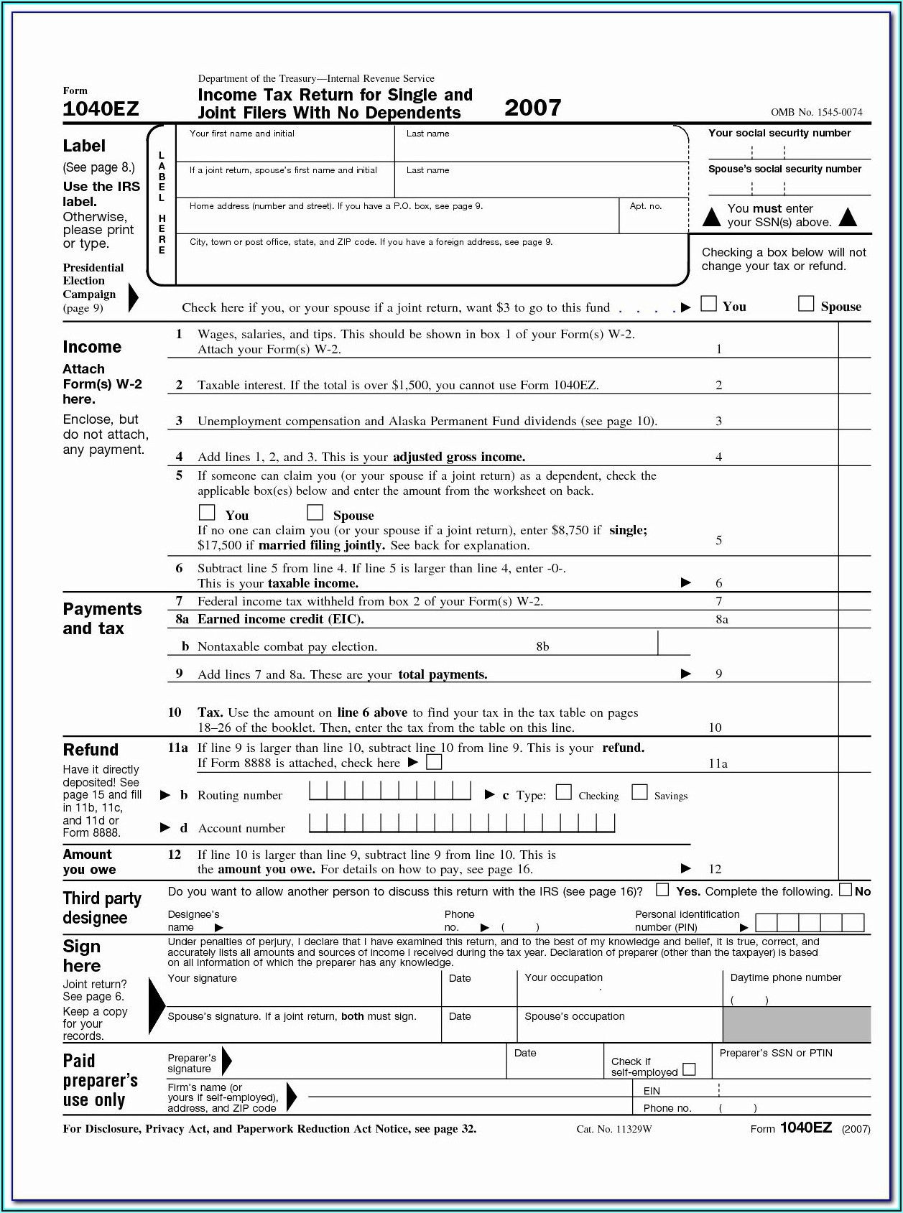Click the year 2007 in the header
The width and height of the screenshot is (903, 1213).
point(532,108)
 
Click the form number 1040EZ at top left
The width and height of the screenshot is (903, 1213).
point(101,109)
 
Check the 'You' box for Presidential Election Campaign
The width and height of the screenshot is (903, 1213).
point(708,304)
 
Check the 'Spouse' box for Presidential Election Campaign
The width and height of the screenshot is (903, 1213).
point(806,304)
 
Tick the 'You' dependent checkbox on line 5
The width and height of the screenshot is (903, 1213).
point(207,512)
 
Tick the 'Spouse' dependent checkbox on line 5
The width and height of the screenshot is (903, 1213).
point(315,512)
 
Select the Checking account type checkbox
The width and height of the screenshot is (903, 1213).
point(564,792)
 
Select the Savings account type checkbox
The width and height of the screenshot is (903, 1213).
point(639,792)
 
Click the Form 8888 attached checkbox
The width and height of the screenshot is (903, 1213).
point(434,762)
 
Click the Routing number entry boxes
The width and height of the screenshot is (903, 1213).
point(390,791)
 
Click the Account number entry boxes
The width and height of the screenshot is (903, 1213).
point(462,824)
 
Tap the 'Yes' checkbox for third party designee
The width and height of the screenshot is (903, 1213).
point(662,890)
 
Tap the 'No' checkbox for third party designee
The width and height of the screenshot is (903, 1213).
point(846,890)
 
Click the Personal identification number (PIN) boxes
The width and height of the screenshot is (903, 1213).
point(810,923)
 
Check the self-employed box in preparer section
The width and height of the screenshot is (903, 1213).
point(689,1069)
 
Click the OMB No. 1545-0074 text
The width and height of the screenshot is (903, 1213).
point(816,112)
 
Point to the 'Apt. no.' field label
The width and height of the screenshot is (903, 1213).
point(645,206)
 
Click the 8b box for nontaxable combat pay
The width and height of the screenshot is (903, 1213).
point(673,643)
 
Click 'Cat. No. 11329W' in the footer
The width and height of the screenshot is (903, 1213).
point(613,1129)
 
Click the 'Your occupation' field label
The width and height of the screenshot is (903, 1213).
point(563,977)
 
